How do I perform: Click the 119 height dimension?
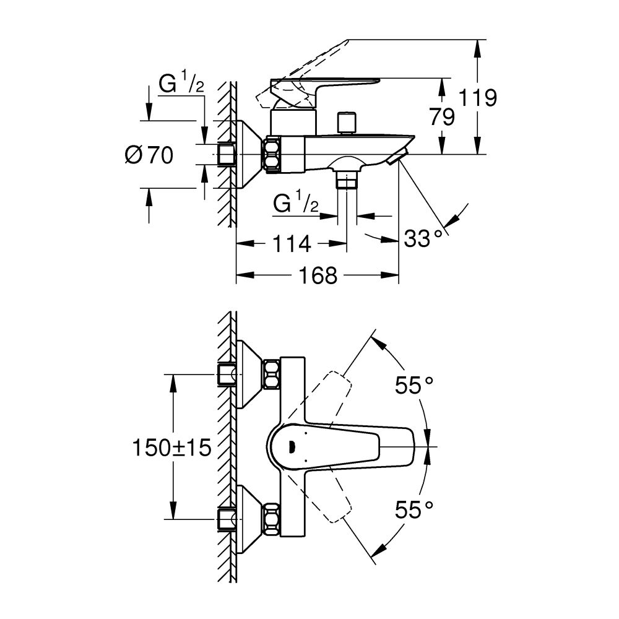pos(478,98)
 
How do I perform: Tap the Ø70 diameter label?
pos(149,155)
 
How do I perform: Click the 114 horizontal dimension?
pos(290,244)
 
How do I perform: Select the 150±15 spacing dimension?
pos(171,446)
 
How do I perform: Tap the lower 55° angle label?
pos(414,509)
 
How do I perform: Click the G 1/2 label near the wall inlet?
pos(181,85)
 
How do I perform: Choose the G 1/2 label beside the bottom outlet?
pos(296,203)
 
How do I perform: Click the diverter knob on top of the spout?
pos(347,121)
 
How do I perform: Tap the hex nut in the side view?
pos(272,154)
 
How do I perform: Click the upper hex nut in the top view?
pos(272,374)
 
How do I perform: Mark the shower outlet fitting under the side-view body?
pos(347,179)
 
